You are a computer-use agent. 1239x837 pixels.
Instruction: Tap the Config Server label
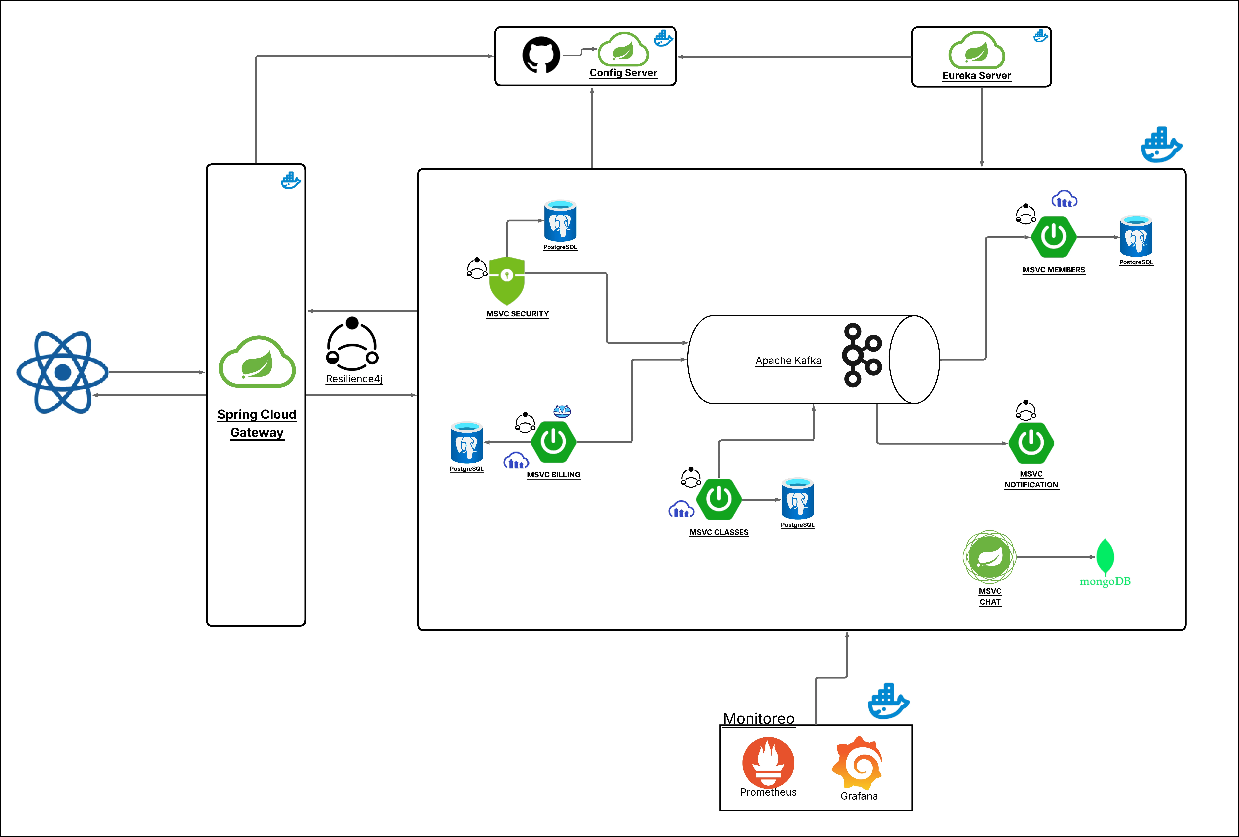[623, 73]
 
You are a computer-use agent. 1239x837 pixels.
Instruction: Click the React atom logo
[63, 372]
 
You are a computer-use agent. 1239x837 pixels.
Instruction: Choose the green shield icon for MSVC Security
[506, 280]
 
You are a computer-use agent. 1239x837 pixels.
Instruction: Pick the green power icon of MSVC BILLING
[553, 442]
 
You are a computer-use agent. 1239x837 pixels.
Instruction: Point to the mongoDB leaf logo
[1105, 556]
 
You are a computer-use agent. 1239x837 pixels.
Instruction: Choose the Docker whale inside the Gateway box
[291, 181]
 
